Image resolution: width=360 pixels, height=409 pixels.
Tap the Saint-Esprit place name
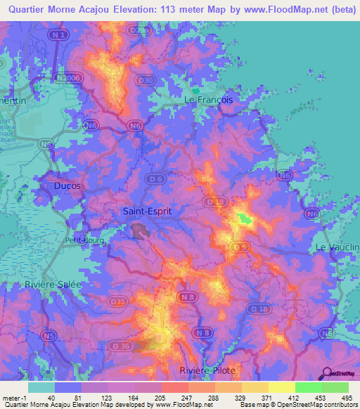[147, 210]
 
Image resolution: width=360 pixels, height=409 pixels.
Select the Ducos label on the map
[67, 186]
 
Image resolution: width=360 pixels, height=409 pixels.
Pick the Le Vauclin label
[337, 247]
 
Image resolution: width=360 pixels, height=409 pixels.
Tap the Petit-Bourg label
[84, 240]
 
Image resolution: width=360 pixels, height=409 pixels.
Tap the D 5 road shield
[240, 247]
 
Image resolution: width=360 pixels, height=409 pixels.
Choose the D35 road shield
[118, 302]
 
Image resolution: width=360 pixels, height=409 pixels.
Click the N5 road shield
[49, 337]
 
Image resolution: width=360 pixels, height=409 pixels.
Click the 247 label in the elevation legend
[187, 398]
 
